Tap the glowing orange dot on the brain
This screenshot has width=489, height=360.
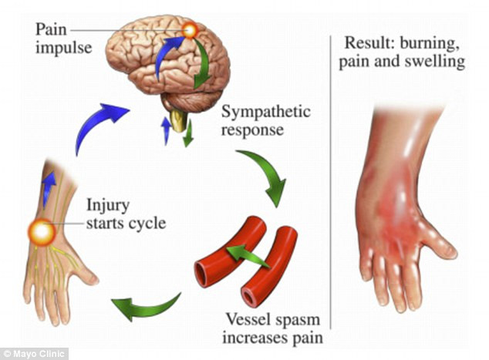(190, 31)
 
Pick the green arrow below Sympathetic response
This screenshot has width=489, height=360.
(265, 175)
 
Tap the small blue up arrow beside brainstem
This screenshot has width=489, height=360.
(165, 129)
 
